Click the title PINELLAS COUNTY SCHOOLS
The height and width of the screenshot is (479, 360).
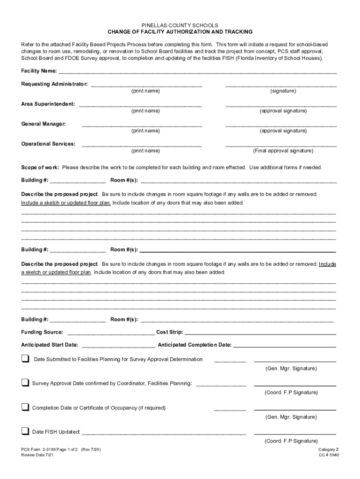point(180,25)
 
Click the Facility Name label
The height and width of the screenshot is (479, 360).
point(39,71)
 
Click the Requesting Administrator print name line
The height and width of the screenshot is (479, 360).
point(146,86)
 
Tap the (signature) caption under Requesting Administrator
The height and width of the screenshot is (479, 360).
point(283,91)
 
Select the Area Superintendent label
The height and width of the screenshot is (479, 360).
point(48,104)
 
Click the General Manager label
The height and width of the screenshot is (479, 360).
point(43,124)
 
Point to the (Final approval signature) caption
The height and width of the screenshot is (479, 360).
point(283,151)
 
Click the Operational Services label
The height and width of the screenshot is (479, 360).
point(48,144)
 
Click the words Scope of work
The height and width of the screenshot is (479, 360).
point(40,167)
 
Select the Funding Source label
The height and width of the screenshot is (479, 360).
point(42,332)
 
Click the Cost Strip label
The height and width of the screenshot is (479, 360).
point(169,332)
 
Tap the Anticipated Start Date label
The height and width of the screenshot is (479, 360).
point(50,345)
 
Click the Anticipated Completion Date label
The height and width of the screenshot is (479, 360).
point(194,345)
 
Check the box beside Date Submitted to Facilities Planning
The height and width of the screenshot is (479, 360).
point(25,359)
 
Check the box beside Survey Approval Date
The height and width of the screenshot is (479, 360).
point(25,383)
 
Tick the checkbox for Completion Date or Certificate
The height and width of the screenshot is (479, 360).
point(25,407)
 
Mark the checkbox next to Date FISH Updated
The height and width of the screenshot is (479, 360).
point(25,431)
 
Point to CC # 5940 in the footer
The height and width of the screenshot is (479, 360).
point(329,455)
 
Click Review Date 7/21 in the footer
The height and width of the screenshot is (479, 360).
point(34,455)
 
